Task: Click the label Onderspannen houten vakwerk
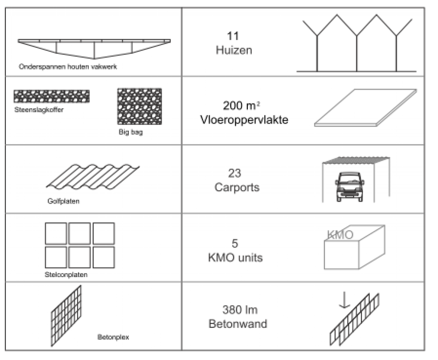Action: (68, 67)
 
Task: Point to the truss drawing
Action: (94, 47)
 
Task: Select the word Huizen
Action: (234, 50)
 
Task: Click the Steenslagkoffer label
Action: (38, 110)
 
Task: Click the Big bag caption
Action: (130, 132)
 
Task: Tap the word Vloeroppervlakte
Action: (244, 120)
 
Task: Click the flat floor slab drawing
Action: (365, 108)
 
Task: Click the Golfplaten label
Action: (63, 201)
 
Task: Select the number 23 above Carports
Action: (234, 173)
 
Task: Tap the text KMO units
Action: (235, 258)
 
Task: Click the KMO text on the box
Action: (340, 235)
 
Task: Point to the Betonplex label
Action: (113, 337)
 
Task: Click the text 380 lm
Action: (240, 310)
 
